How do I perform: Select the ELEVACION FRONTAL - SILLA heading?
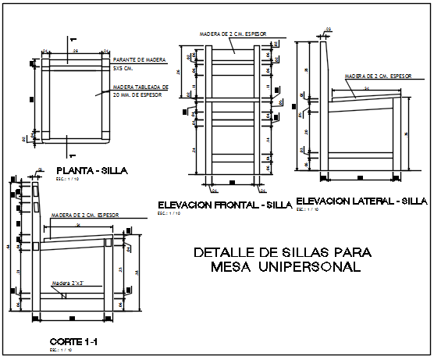coord(225,205)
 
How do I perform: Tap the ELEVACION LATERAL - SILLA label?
coord(361,201)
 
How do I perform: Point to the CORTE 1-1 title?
coord(73,342)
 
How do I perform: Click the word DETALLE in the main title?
coord(223,252)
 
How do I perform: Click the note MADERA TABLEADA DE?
coord(138,87)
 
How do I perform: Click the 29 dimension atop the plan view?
coord(74,50)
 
